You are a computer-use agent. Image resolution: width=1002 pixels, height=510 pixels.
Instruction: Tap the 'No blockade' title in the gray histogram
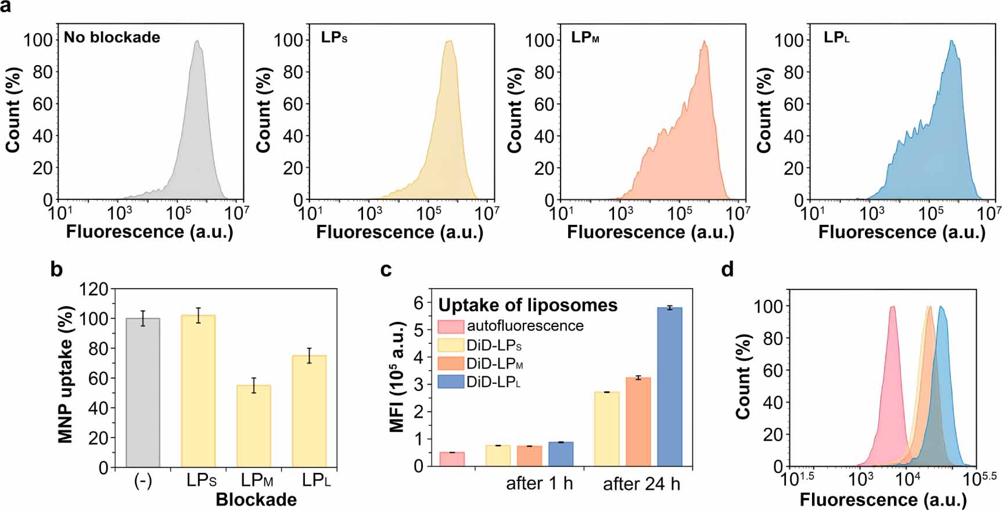point(112,37)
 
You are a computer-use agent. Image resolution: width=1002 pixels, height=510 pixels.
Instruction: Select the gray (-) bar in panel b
point(143,392)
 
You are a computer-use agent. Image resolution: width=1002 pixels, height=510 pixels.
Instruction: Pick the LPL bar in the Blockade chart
point(310,411)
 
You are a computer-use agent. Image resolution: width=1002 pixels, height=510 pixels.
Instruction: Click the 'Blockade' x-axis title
point(256,500)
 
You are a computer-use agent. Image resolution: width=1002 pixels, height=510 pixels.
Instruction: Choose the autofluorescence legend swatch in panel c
point(451,326)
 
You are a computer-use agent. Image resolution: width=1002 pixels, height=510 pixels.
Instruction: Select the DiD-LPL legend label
point(493,382)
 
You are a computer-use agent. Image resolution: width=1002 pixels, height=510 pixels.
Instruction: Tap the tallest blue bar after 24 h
point(670,386)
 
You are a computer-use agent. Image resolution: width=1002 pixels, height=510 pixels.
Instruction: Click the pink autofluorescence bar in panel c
point(452,459)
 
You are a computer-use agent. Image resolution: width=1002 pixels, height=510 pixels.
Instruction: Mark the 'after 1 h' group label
point(539,484)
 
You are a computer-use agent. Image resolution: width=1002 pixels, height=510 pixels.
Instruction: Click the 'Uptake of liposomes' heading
point(527,305)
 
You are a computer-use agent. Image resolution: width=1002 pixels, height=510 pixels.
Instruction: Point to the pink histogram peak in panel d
point(892,308)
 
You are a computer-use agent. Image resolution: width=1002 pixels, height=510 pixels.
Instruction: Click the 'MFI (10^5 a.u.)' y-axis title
point(397,376)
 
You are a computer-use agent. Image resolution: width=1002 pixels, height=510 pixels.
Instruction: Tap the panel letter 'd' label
point(727,269)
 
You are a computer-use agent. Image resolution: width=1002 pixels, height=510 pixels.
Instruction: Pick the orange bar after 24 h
point(638,421)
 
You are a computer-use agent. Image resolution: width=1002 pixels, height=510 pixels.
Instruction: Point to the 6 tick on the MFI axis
point(418,302)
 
